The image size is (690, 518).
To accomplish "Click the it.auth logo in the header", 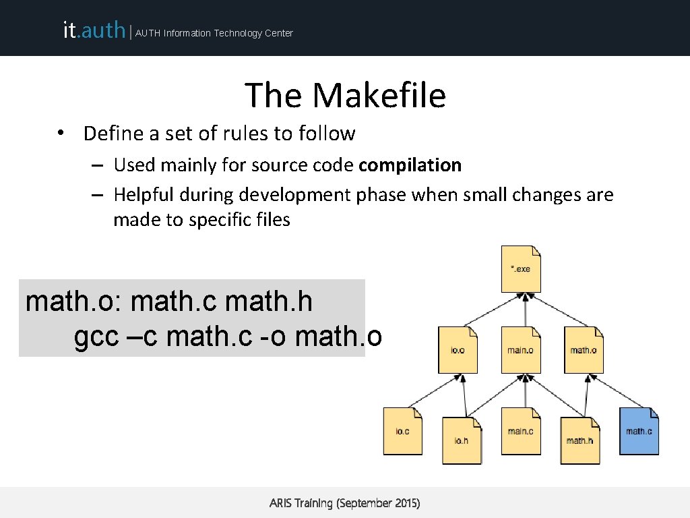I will [94, 30].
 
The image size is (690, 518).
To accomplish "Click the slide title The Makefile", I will [345, 95].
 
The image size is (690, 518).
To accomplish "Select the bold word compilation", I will [410, 165].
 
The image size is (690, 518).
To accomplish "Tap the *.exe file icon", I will [521, 269].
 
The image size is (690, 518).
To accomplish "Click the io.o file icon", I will [458, 350].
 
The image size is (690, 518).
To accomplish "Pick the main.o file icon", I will [521, 350].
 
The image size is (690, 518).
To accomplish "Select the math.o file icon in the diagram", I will [584, 350].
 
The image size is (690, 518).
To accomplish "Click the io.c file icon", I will [403, 431].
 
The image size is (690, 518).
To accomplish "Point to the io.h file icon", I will [462, 440].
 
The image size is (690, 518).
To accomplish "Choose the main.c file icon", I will [521, 431].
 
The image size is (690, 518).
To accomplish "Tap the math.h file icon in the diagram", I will [579, 440].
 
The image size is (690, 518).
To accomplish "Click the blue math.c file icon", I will [639, 431].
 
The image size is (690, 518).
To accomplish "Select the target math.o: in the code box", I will [73, 302].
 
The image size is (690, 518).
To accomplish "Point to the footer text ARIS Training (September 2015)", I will [344, 503].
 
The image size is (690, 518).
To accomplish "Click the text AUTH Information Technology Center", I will [214, 33].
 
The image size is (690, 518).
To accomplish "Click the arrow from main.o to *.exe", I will [521, 310].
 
